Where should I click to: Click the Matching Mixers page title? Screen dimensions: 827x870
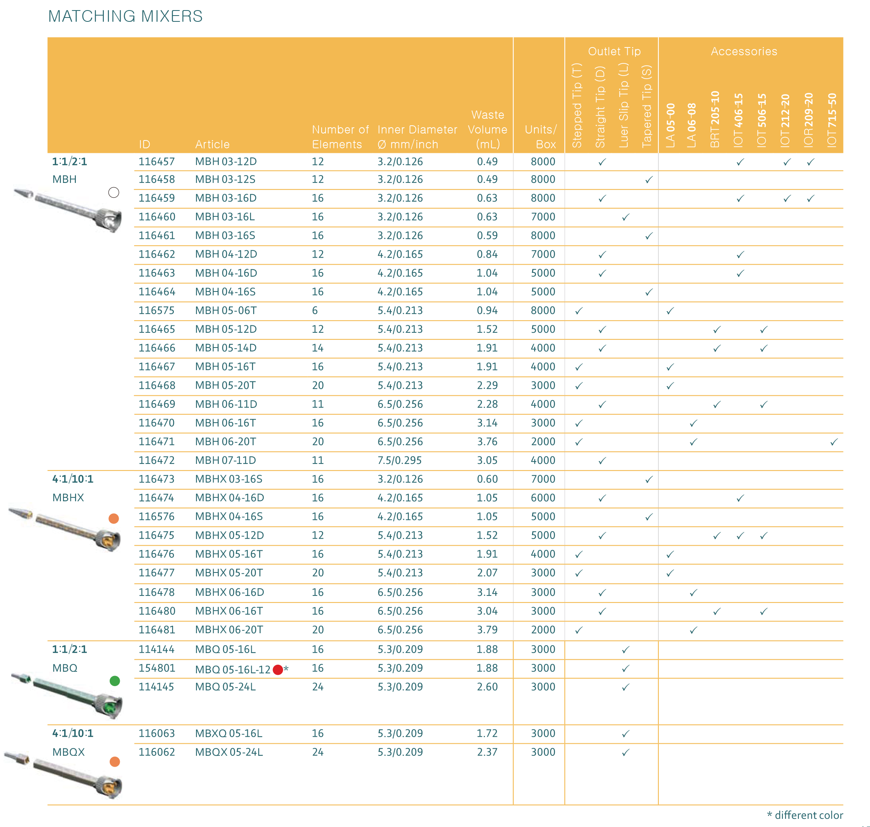125,16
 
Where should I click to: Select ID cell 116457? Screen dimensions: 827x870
156,162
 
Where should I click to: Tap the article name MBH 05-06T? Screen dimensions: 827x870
226,311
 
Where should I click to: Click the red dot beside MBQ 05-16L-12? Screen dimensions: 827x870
278,670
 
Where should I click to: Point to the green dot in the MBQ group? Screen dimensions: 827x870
114,681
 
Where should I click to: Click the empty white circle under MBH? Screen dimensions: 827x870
114,193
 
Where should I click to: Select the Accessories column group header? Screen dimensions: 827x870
744,52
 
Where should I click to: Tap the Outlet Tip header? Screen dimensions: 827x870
614,52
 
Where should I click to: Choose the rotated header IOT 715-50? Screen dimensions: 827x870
831,120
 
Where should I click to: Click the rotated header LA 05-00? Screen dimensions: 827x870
670,125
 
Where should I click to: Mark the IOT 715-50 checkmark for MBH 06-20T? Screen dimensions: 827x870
833,442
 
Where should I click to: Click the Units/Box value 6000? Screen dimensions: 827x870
543,498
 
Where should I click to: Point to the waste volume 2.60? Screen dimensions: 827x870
487,687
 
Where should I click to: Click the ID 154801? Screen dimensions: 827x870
156,668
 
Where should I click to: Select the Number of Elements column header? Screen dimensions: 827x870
340,137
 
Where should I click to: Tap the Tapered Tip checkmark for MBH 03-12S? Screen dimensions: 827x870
648,180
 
